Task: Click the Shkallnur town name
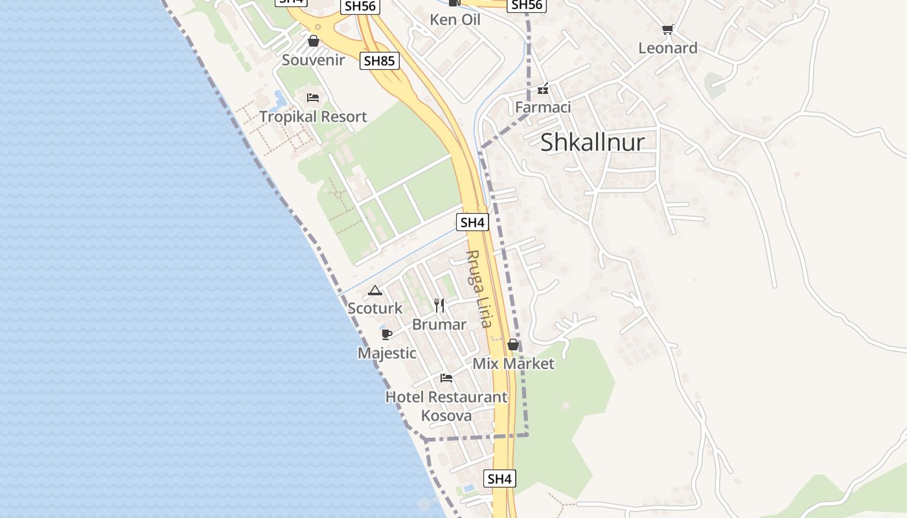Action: click(x=592, y=142)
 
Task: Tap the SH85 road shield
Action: click(x=380, y=61)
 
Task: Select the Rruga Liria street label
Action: click(x=479, y=289)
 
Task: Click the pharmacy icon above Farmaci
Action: click(x=543, y=89)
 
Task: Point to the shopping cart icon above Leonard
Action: click(x=668, y=29)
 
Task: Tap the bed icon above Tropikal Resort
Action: click(x=313, y=98)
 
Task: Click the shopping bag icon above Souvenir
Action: click(x=314, y=41)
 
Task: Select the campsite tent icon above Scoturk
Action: click(x=374, y=290)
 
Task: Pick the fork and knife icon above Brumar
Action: click(x=439, y=306)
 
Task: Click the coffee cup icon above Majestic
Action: click(x=387, y=334)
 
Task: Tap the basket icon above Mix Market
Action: click(x=513, y=344)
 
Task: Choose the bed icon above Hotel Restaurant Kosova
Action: click(x=446, y=377)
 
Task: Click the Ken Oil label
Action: click(x=455, y=19)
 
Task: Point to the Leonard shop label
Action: click(x=668, y=48)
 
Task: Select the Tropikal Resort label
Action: click(x=313, y=117)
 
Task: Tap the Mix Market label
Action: click(x=513, y=363)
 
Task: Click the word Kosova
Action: click(x=446, y=415)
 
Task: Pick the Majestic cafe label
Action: click(x=387, y=353)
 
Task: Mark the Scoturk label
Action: click(x=375, y=308)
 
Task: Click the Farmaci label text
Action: click(x=543, y=107)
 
